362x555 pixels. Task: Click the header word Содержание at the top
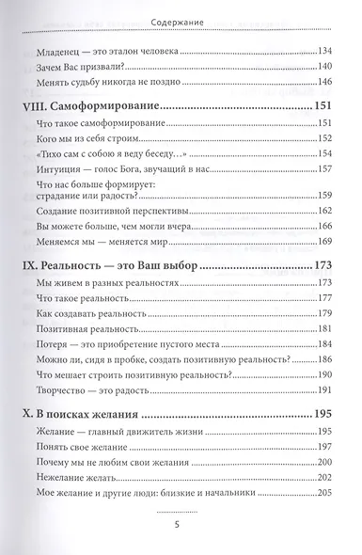click(x=181, y=17)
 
